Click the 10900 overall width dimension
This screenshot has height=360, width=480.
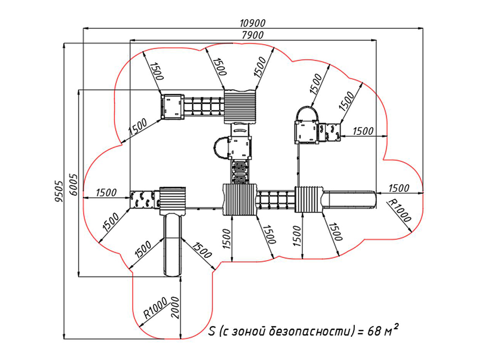pyautogui.click(x=252, y=23)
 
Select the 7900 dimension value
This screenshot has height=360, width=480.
pyautogui.click(x=252, y=35)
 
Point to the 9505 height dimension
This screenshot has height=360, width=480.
pyautogui.click(x=58, y=192)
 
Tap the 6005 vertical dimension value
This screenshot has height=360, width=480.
pyautogui.click(x=73, y=184)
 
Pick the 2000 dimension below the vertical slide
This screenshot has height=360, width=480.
pyautogui.click(x=175, y=307)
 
